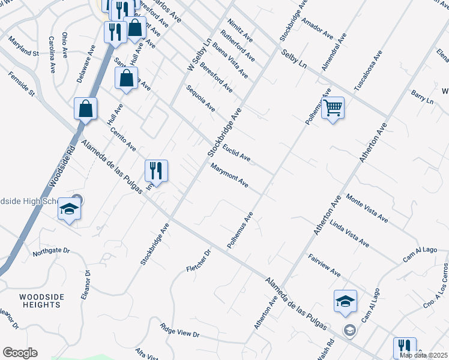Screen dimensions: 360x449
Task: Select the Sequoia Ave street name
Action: (200, 98)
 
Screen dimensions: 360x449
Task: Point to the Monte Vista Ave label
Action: (367, 209)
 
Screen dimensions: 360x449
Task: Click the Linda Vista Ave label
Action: (349, 235)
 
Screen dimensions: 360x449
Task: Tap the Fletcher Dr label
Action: (200, 260)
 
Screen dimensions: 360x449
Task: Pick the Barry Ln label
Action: (422, 98)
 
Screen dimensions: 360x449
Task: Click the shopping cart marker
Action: (333, 109)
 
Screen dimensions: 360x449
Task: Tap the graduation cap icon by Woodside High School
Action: (69, 210)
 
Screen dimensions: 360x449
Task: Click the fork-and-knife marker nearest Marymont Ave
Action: (156, 171)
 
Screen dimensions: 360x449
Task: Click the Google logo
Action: (20, 353)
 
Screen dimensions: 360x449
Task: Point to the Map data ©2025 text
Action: (424, 355)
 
